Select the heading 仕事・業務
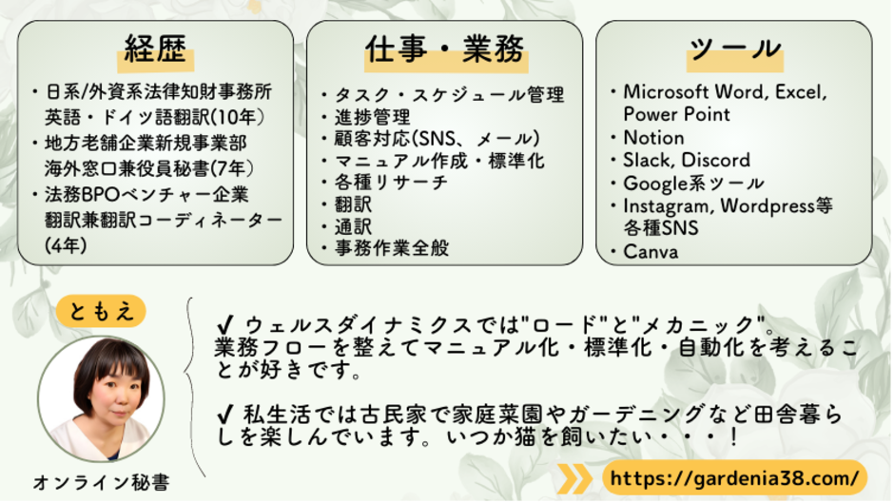coord(444,49)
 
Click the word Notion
coord(653,137)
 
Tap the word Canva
coord(651,252)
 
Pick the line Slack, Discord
coord(686,160)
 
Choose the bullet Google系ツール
coord(692,183)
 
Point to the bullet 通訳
coord(353,226)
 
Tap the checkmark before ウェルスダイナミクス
coord(225,321)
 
